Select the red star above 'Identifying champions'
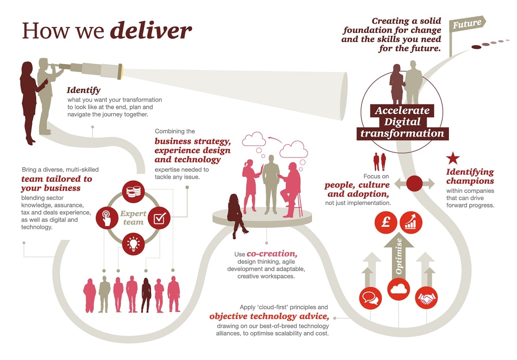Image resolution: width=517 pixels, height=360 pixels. pos(452,158)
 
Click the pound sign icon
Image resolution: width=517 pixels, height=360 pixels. pos(385,222)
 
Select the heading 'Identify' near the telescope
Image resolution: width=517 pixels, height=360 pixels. pos(84,91)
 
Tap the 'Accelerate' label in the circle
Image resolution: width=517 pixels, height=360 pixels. pos(402,111)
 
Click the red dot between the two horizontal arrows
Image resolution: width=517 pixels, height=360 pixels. pos(414,183)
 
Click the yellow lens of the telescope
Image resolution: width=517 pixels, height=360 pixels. pos(120,71)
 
